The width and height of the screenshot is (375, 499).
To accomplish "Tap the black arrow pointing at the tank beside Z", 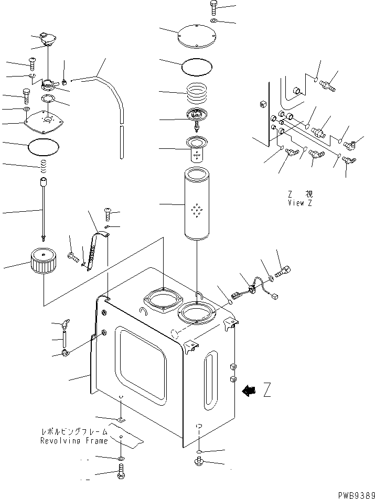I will click(249, 390).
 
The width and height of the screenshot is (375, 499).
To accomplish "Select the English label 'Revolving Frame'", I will click(74, 441).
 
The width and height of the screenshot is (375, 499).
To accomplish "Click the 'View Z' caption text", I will click(299, 203).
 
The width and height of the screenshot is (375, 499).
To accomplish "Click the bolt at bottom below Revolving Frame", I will click(121, 476).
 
